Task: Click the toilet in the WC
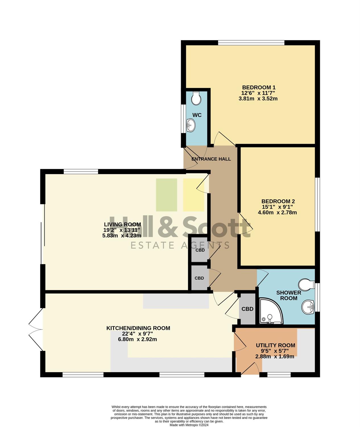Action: click(x=196, y=98)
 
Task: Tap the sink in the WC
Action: click(x=191, y=125)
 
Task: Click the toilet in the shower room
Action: click(x=306, y=284)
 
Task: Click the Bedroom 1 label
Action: click(x=259, y=87)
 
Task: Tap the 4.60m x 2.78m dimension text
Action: click(x=277, y=212)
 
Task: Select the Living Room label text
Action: click(x=122, y=224)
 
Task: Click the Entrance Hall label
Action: click(x=211, y=159)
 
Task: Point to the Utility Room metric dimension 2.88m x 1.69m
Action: click(x=275, y=357)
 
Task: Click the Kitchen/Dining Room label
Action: click(x=138, y=328)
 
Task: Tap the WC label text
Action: click(x=197, y=115)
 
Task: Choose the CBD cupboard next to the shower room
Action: click(x=247, y=309)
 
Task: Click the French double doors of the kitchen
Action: click(x=36, y=329)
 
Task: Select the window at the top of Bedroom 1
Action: click(x=251, y=43)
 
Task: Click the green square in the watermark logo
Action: click(x=167, y=195)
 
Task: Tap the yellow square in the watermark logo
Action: click(x=193, y=195)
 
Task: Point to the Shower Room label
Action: click(x=289, y=295)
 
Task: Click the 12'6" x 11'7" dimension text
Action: click(x=258, y=93)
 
